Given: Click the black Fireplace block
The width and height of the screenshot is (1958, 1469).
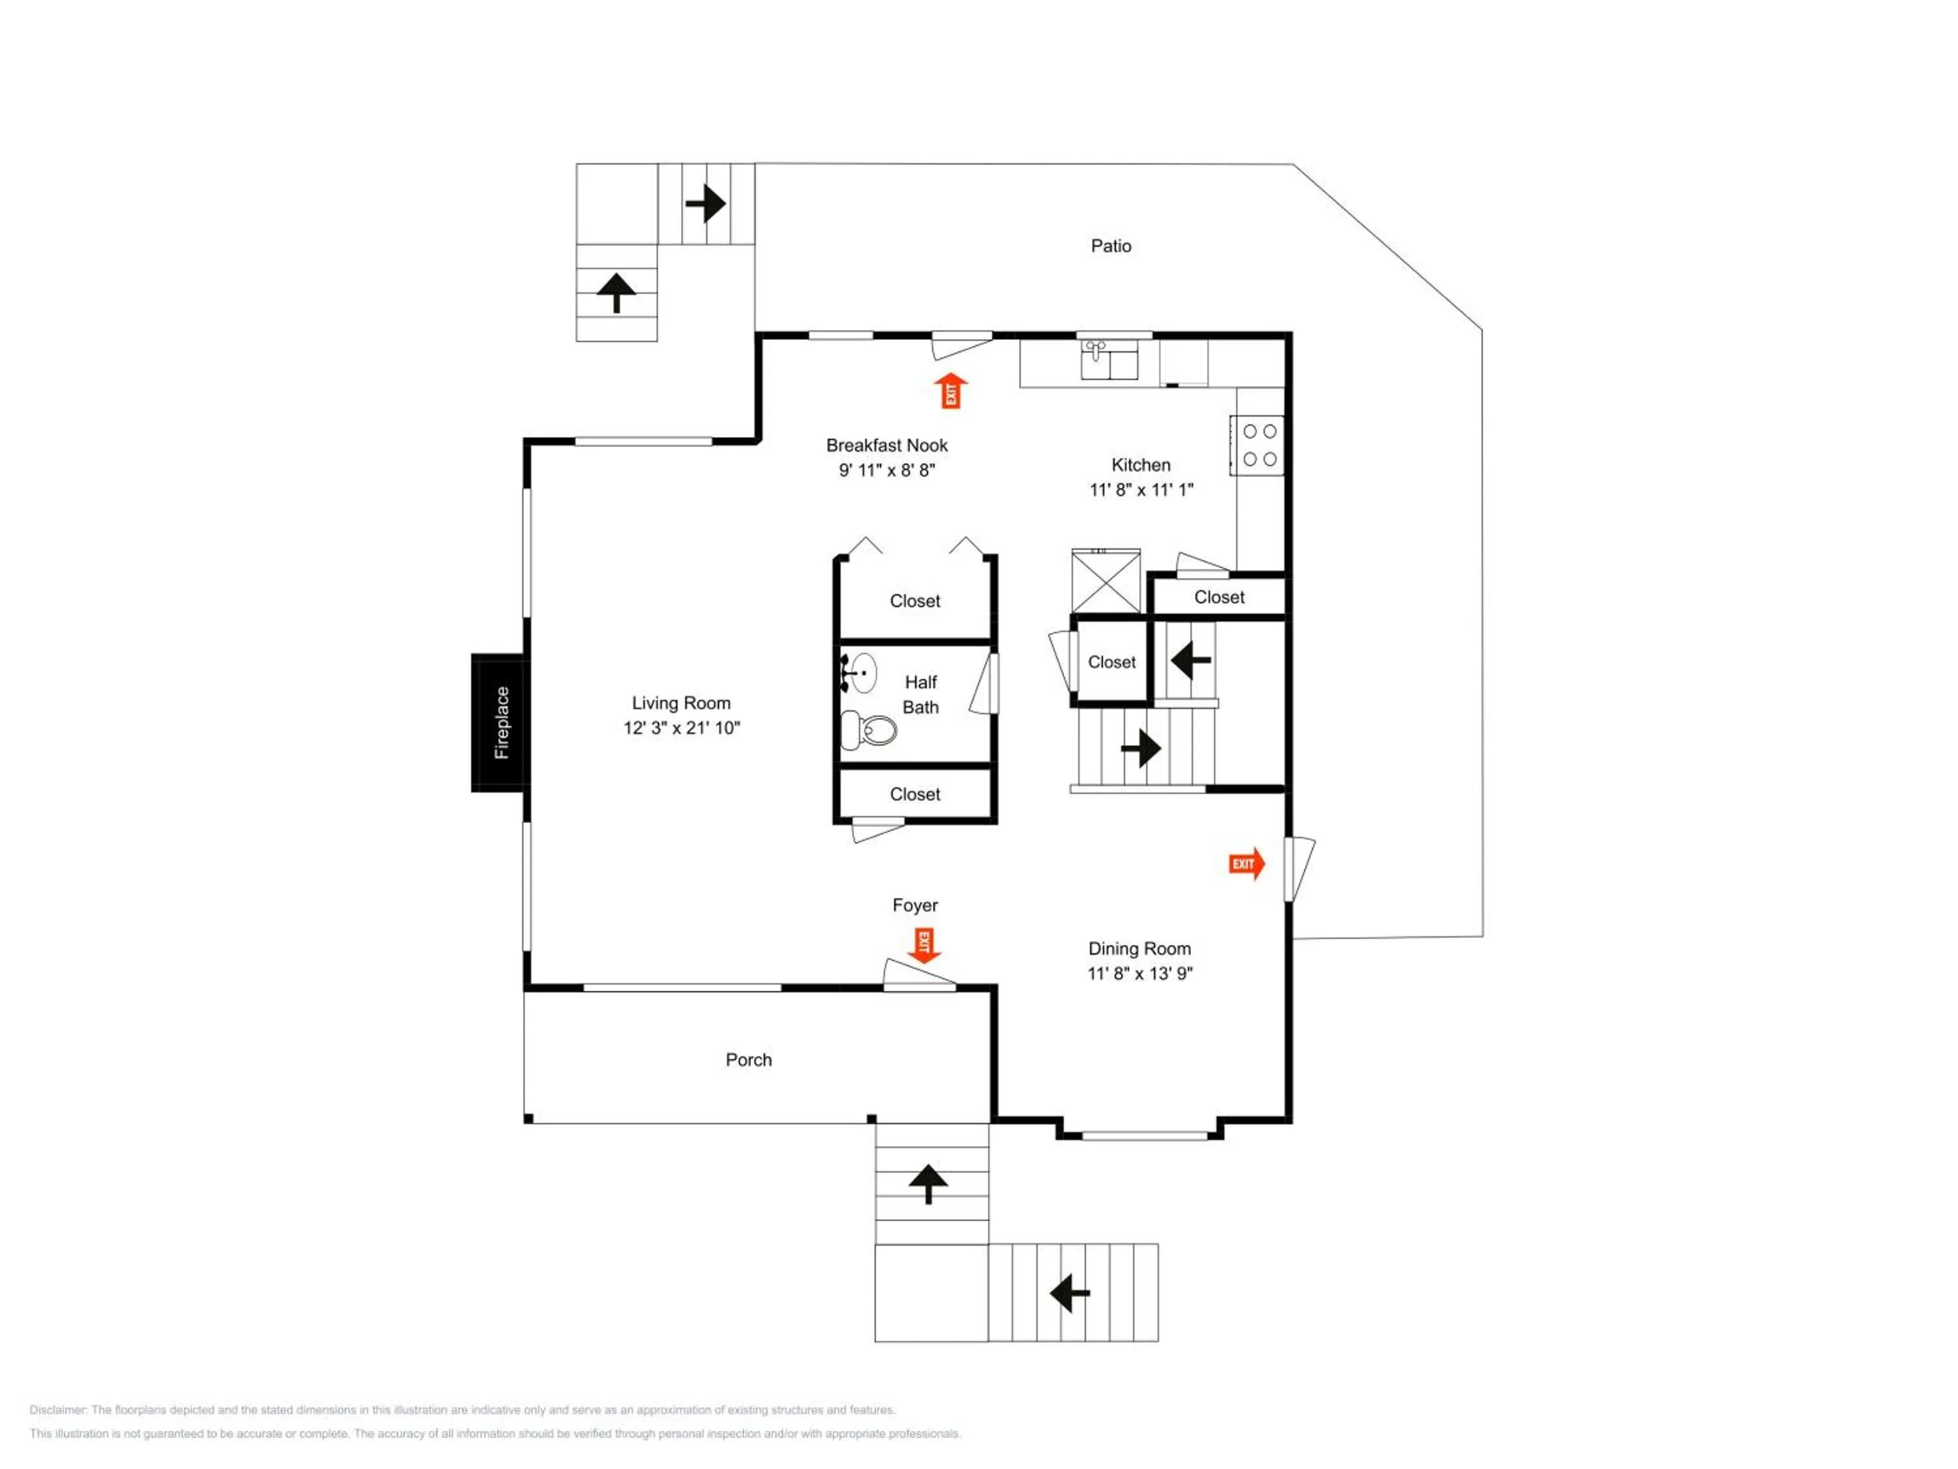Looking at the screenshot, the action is [x=500, y=723].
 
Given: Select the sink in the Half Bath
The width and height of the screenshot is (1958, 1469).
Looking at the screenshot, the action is [x=859, y=673].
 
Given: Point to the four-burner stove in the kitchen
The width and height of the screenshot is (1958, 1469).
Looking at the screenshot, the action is [x=1258, y=445].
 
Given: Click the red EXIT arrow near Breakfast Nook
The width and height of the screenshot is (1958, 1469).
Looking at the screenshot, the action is [x=952, y=390].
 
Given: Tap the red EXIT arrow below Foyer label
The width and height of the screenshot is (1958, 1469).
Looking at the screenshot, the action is [x=924, y=945].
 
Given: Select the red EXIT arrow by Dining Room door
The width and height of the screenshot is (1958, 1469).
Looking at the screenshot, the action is [x=1247, y=863].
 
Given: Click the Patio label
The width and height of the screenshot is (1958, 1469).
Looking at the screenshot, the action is [x=1111, y=246].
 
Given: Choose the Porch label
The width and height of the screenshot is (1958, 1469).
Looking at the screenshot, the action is [x=749, y=1060].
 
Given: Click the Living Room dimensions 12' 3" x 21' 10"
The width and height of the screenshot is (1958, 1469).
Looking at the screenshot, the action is [x=681, y=728].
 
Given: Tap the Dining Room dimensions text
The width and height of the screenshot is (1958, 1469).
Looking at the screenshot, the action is [x=1140, y=973].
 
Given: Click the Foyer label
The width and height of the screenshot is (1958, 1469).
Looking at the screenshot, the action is [x=915, y=905].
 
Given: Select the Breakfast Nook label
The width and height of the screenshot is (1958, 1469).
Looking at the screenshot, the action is [x=887, y=445].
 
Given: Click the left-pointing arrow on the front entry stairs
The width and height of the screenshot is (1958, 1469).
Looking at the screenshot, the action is [x=1069, y=1293].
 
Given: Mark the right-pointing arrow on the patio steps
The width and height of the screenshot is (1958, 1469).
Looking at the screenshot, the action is [x=706, y=204].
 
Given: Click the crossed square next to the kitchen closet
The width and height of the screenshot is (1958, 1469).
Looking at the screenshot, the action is [x=1106, y=581].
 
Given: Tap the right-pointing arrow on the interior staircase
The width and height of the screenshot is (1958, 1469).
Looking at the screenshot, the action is [x=1141, y=748].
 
